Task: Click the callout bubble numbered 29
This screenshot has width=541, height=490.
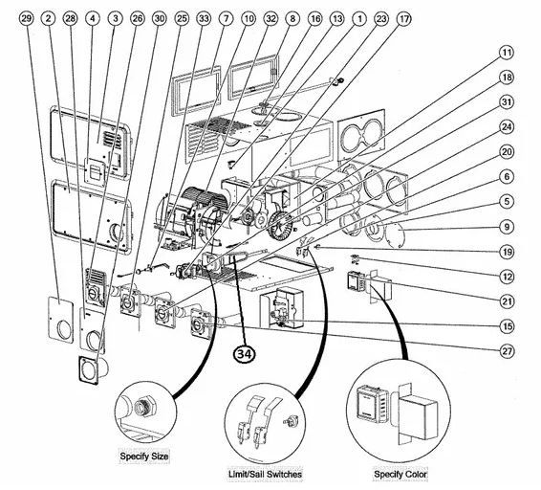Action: [26, 18]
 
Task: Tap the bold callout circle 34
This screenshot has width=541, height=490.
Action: [245, 353]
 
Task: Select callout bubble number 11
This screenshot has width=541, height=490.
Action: [507, 53]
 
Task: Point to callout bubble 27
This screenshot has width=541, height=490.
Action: [507, 351]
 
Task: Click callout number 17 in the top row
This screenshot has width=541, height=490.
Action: [403, 18]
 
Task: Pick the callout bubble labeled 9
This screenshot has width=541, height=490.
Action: [507, 227]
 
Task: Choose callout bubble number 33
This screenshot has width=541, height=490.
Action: [204, 18]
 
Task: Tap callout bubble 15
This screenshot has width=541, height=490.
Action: [507, 326]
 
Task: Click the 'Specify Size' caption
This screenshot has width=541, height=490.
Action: [144, 457]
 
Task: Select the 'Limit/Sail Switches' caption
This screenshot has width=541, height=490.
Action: [265, 474]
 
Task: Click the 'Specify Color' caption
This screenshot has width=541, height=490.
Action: [400, 474]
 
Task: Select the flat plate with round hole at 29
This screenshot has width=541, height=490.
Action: [61, 320]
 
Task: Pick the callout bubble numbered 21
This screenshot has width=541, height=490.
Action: [507, 301]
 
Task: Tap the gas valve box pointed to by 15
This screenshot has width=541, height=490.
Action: [282, 307]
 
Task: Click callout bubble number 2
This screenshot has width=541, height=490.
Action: [49, 18]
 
